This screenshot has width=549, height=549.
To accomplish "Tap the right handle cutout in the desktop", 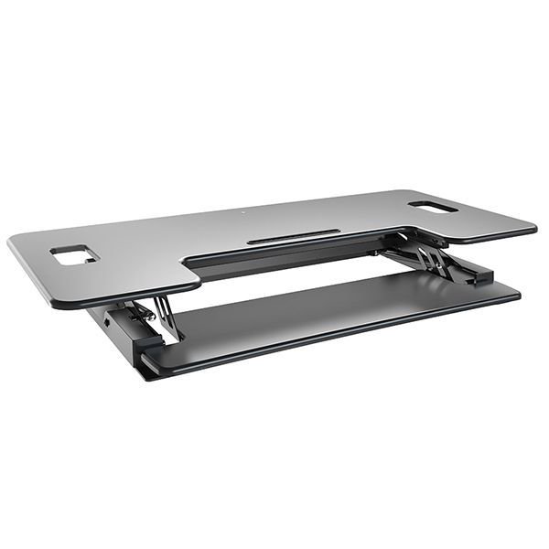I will click(x=433, y=207).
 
